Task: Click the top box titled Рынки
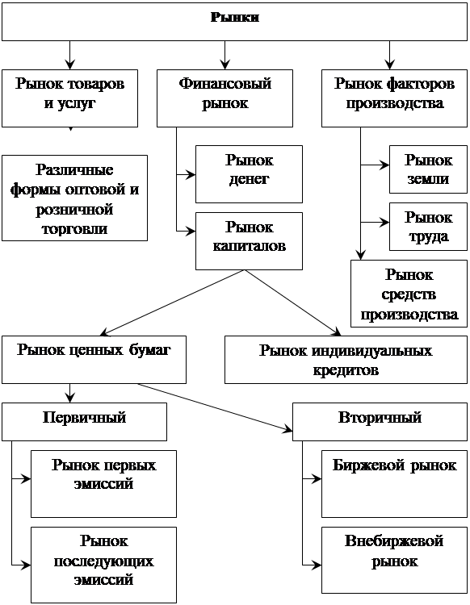[234, 22]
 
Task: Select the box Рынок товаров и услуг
[70, 98]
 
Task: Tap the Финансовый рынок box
[225, 98]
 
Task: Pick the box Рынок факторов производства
[394, 98]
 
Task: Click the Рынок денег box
[249, 174]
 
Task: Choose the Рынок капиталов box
[249, 241]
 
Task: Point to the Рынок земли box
[428, 169]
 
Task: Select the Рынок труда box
[428, 227]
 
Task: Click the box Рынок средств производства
[409, 294]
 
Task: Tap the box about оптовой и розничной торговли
[74, 198]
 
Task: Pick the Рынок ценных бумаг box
[94, 360]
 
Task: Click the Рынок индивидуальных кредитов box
[346, 360]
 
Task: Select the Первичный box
[84, 422]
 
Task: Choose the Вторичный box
[380, 422]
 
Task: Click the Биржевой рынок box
[394, 484]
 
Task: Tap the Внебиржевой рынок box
[394, 560]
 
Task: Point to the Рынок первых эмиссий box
[103, 484]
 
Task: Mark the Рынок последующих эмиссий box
[103, 565]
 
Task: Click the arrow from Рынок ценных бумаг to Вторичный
[215, 407]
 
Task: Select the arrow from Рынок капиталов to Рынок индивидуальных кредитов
[292, 302]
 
